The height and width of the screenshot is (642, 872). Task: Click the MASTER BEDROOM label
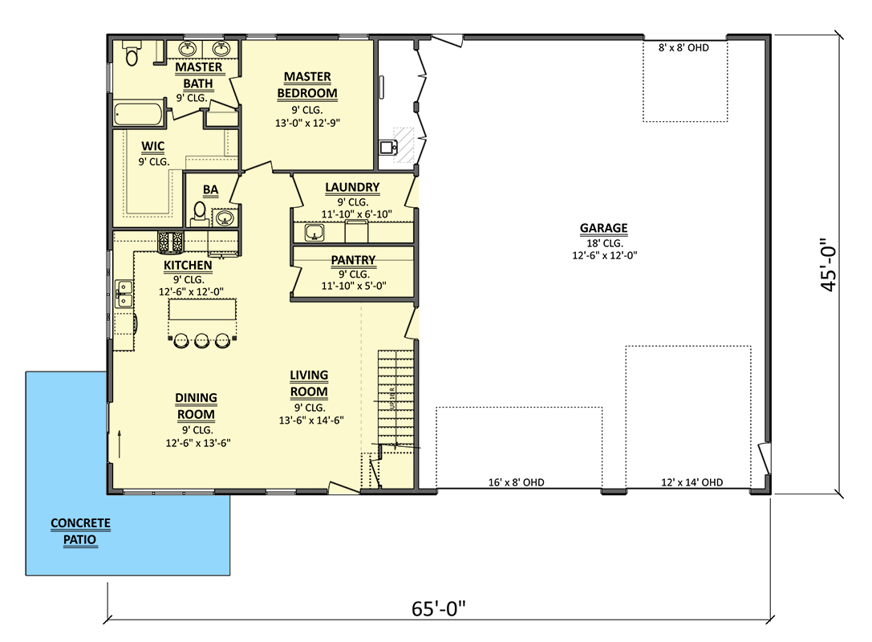tap(307, 85)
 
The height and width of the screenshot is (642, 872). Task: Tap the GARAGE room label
tap(603, 228)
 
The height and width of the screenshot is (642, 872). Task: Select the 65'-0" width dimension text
tap(438, 608)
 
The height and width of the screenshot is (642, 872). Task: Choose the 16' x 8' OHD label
tap(517, 483)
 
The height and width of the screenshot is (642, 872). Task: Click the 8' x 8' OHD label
tap(683, 48)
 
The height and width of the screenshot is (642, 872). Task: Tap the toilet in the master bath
tap(132, 55)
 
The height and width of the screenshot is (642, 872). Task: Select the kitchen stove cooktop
tap(171, 242)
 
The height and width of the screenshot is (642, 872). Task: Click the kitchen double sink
tap(124, 293)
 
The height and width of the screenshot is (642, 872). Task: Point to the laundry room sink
tap(314, 233)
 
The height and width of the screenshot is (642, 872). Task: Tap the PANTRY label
tap(353, 260)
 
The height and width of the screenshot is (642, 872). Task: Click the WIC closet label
tap(153, 146)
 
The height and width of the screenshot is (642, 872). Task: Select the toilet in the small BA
tap(199, 213)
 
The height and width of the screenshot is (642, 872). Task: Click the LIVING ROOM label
tap(309, 384)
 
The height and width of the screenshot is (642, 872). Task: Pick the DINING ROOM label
tap(196, 406)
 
